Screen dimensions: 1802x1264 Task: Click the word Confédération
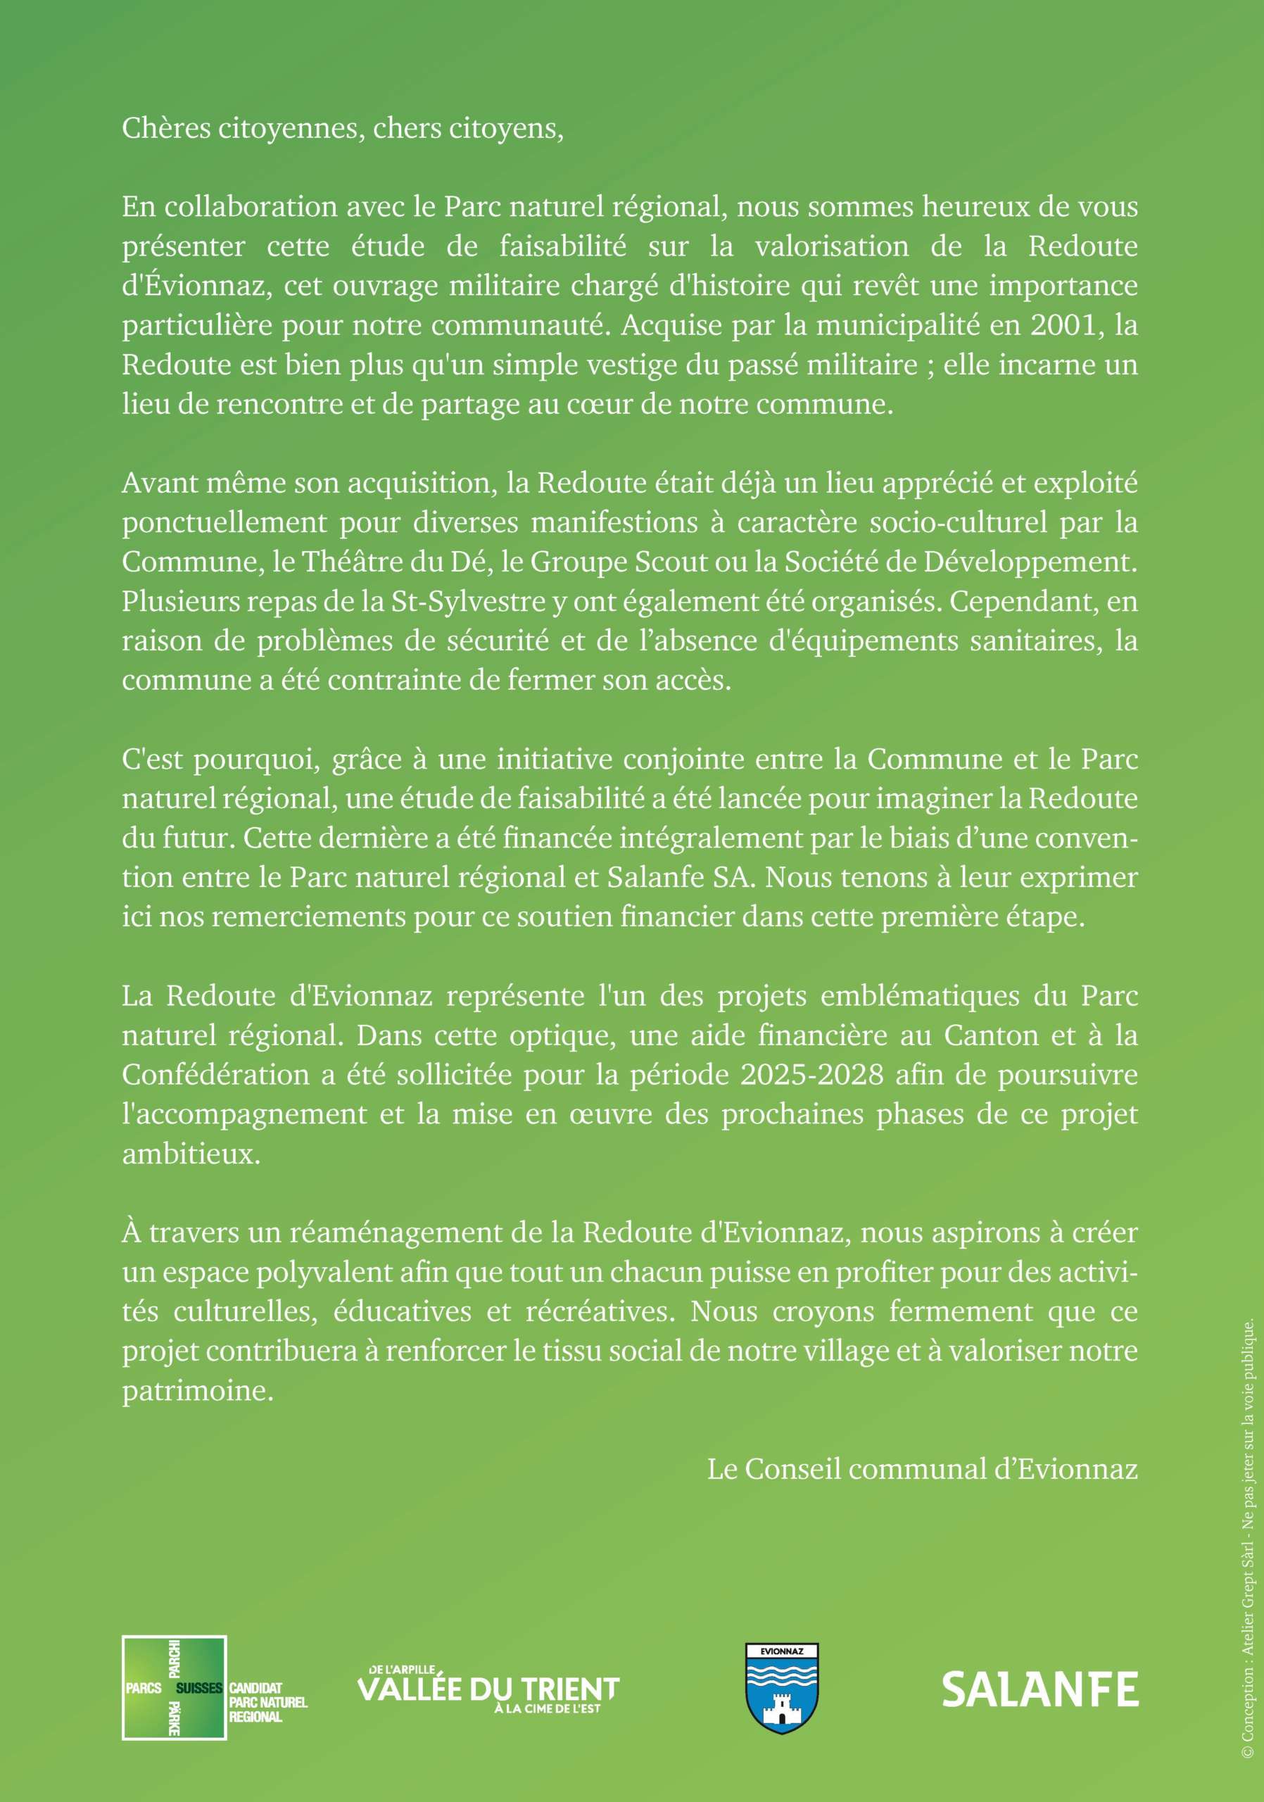(216, 1074)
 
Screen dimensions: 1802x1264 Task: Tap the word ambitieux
(191, 1154)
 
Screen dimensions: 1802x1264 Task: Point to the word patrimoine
(198, 1391)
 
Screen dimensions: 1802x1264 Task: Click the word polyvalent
(278, 1272)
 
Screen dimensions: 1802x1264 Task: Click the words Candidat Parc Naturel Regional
(267, 1701)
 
